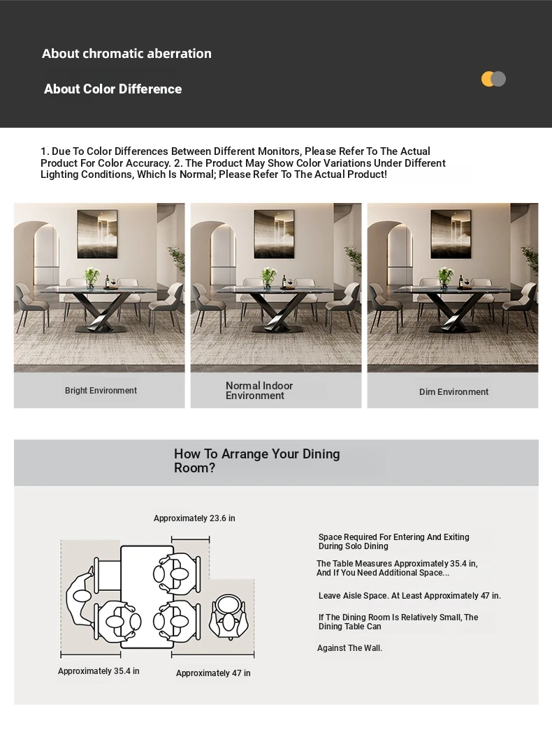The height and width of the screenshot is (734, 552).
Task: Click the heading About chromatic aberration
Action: tap(126, 54)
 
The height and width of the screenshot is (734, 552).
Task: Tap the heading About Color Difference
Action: tap(112, 89)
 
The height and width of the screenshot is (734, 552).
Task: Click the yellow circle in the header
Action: tap(488, 79)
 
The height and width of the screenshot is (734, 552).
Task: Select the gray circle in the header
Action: tap(499, 79)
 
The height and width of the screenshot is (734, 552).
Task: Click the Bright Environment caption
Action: tap(101, 391)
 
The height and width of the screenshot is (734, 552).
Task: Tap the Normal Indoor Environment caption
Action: tap(259, 391)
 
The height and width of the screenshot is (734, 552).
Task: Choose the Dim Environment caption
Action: tap(453, 392)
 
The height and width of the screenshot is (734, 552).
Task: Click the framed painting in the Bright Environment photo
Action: tap(97, 234)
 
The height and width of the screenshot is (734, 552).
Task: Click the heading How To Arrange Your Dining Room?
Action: tap(256, 460)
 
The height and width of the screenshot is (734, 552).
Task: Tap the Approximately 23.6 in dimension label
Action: tap(194, 518)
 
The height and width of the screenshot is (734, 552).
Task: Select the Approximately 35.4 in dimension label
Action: tap(99, 671)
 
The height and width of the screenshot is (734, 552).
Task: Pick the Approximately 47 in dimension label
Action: tap(213, 673)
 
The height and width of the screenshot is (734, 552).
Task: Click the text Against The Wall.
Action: tap(349, 648)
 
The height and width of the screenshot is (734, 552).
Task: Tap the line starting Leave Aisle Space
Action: tap(409, 596)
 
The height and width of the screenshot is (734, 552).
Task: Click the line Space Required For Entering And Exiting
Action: tap(394, 537)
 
